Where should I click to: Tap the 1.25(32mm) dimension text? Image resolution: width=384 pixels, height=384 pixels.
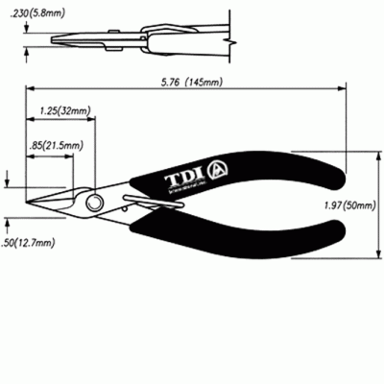(65, 111)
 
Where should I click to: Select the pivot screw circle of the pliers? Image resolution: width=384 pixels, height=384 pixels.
(93, 204)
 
